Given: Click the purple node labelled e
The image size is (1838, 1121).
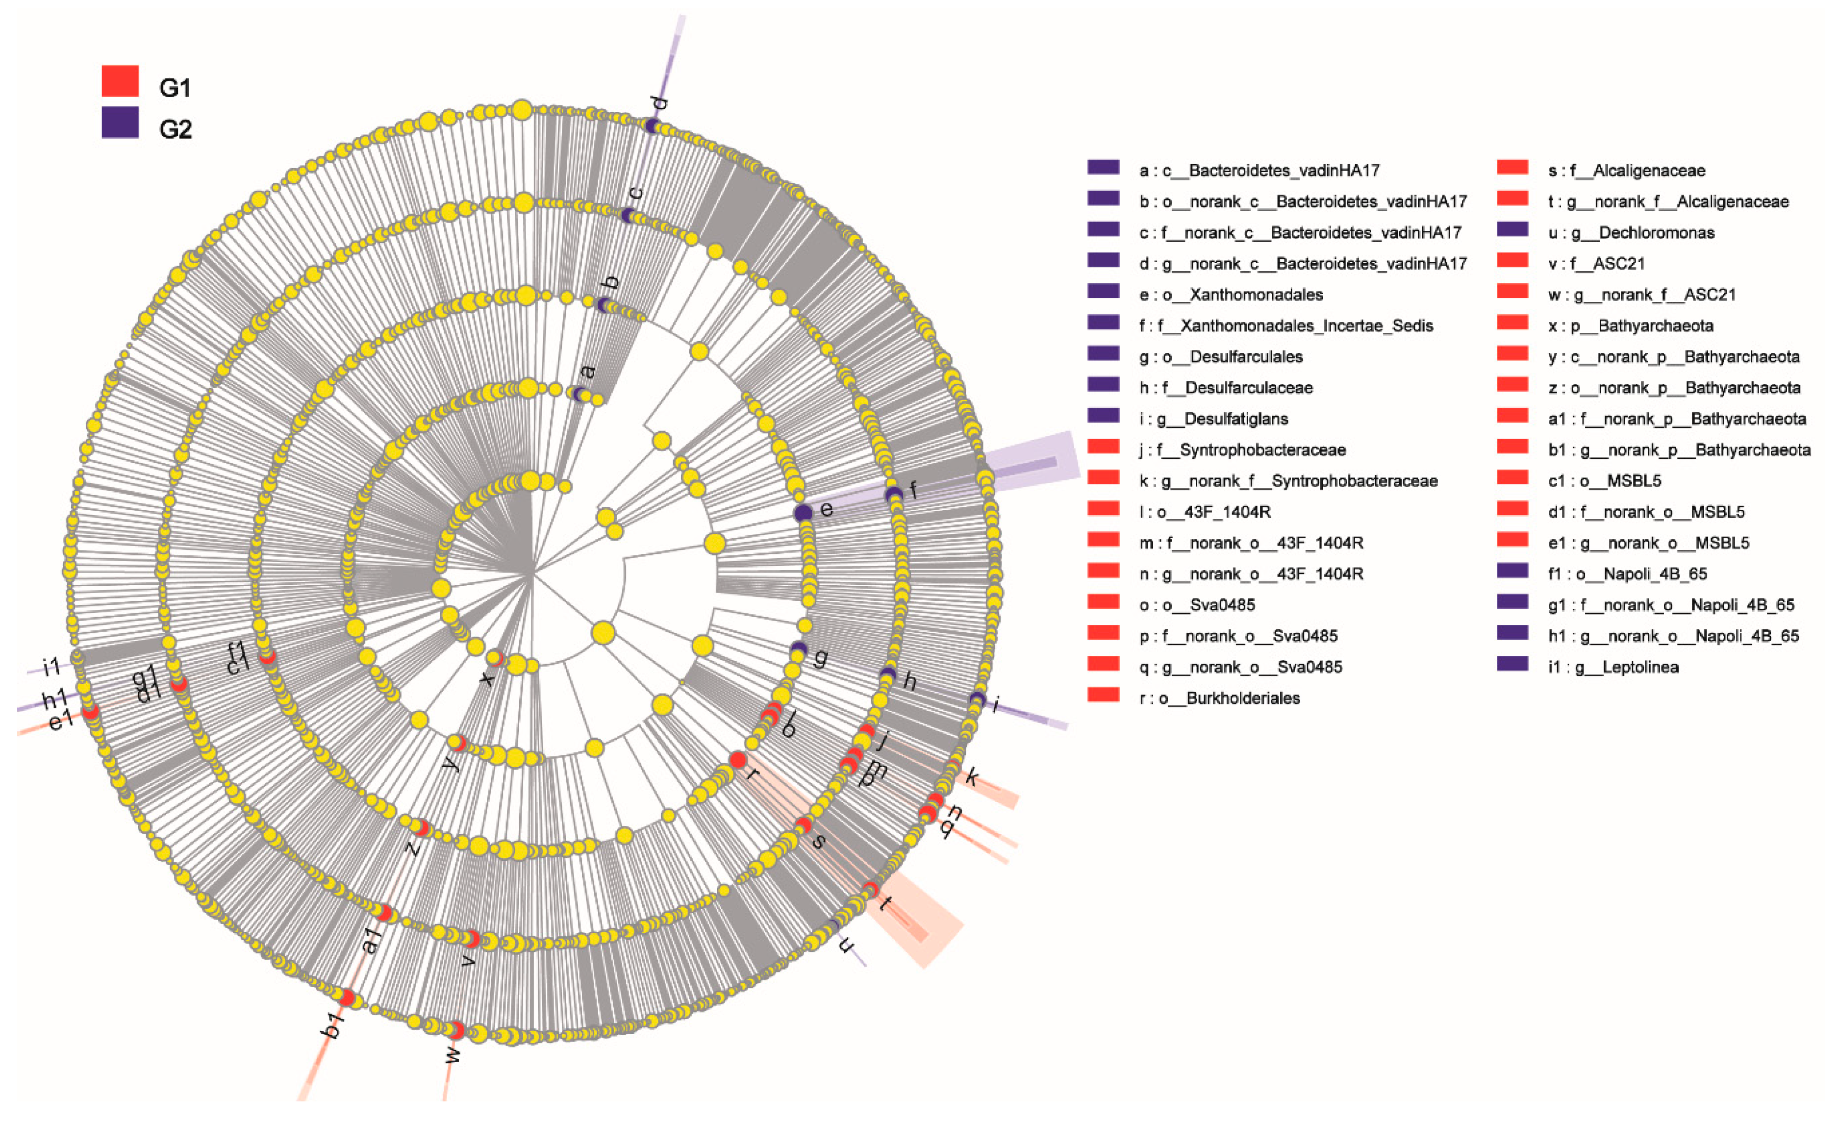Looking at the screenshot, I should pyautogui.click(x=803, y=512).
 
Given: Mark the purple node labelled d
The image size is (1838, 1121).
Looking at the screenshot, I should pyautogui.click(x=652, y=126).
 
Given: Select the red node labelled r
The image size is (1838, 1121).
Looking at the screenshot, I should pyautogui.click(x=738, y=759).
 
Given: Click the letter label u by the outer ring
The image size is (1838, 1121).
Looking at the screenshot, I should pyautogui.click(x=846, y=944).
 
